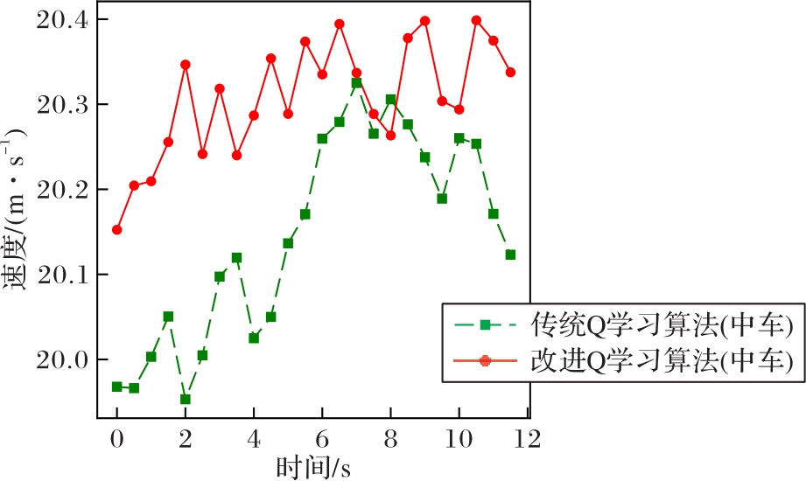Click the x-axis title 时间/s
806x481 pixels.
tap(313, 467)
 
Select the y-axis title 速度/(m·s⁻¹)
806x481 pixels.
tap(18, 209)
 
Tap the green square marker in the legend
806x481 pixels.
tap(485, 325)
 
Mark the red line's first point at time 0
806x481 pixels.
tap(116, 230)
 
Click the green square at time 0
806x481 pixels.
tap(116, 387)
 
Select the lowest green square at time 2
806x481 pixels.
tap(186, 399)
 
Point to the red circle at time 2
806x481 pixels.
tap(186, 65)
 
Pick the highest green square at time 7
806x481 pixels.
tap(356, 83)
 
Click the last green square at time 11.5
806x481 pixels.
tap(510, 254)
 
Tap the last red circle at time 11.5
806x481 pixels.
tap(510, 72)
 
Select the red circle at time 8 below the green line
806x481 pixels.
tap(390, 136)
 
